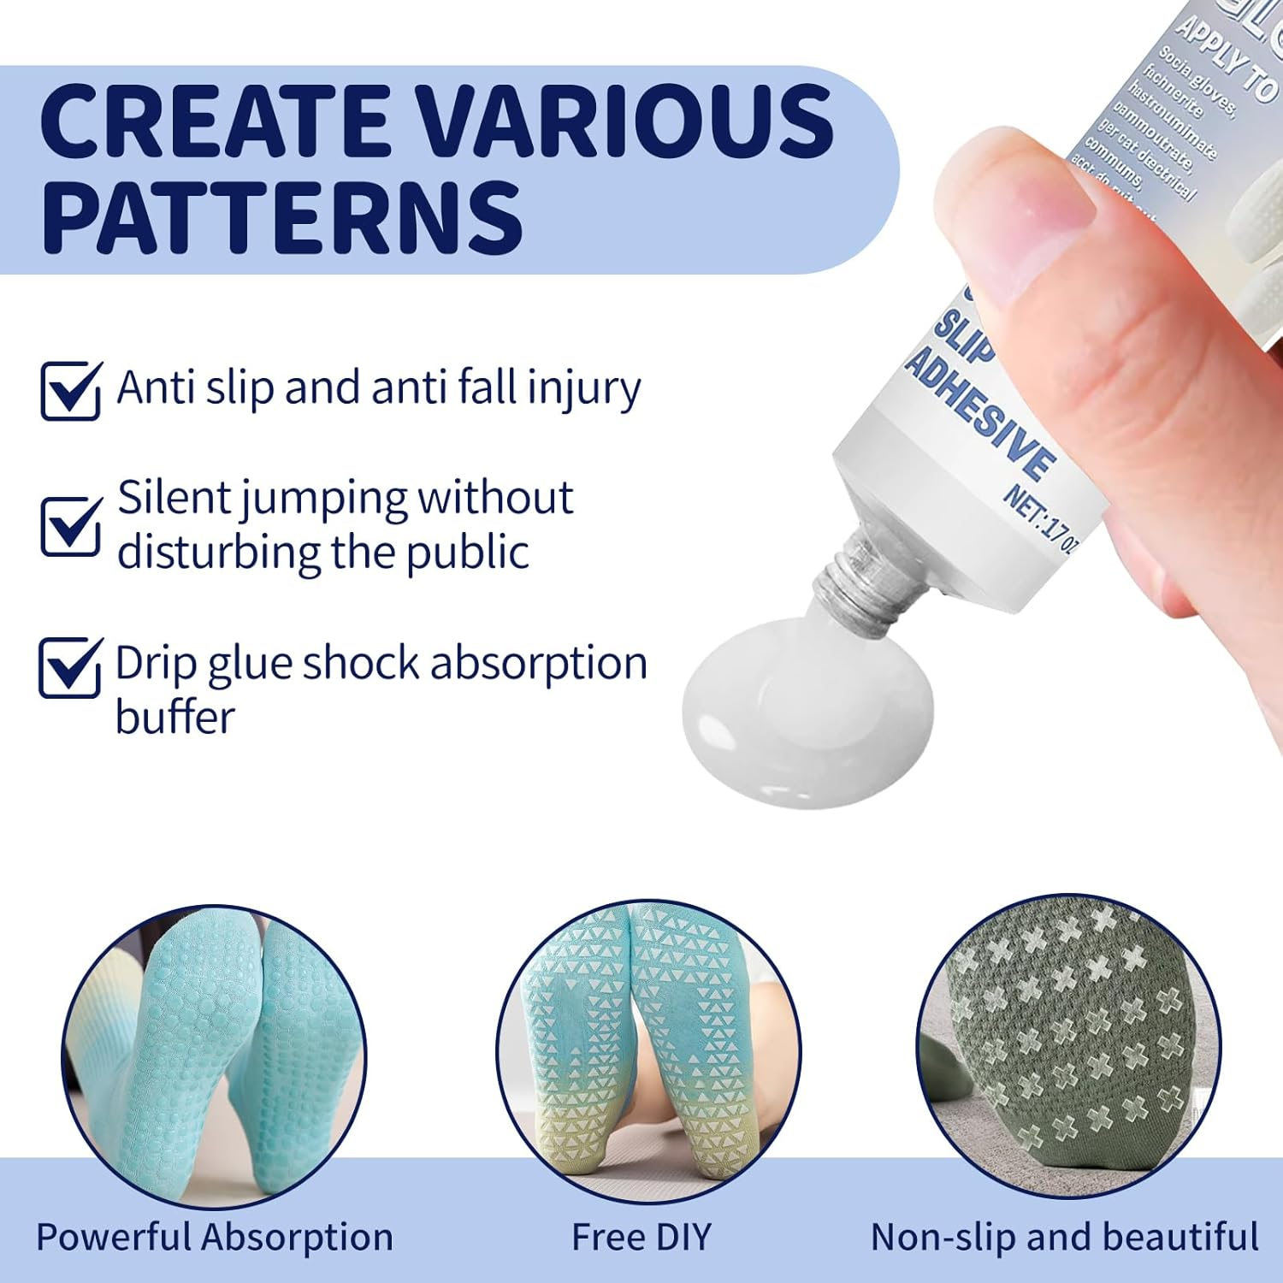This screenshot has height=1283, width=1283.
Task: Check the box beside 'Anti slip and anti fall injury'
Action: [x=71, y=390]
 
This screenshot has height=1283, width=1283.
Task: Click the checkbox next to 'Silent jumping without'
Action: [x=71, y=525]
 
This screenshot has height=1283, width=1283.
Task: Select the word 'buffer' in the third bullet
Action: [x=174, y=717]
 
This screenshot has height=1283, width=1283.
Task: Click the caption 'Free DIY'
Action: [x=641, y=1237]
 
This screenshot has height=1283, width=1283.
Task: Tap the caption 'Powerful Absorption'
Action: [x=215, y=1237]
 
